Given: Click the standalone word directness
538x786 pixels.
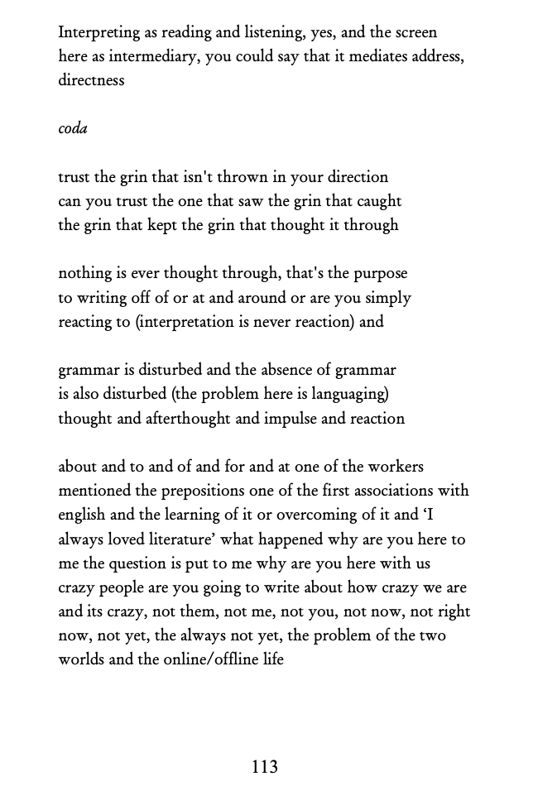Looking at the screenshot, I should tap(91, 80).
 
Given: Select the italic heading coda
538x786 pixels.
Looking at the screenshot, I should tap(73, 129).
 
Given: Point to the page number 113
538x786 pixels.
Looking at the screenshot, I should tap(265, 767).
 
